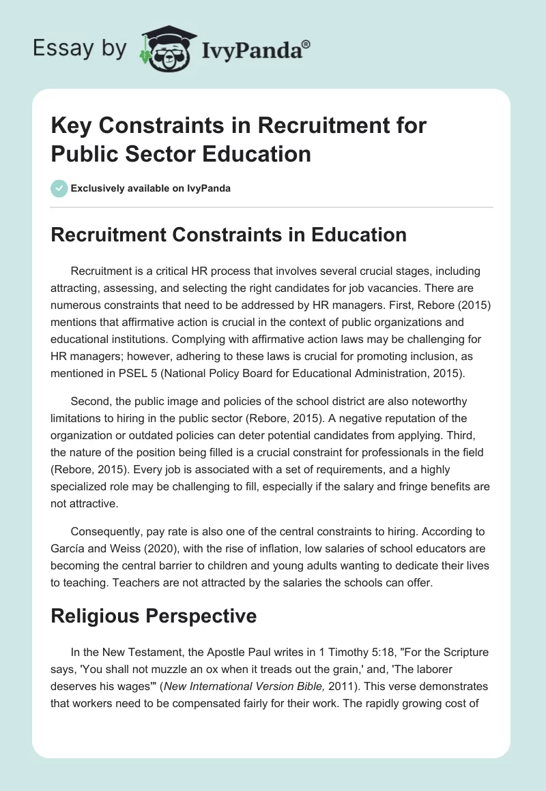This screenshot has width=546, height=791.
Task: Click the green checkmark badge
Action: tap(59, 188)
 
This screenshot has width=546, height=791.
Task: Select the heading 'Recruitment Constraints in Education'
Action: tap(229, 235)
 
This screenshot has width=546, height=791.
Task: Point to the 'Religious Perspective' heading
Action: tap(154, 616)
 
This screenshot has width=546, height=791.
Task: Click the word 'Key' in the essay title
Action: tap(70, 127)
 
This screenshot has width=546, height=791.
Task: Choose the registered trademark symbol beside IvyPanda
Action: tap(306, 43)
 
